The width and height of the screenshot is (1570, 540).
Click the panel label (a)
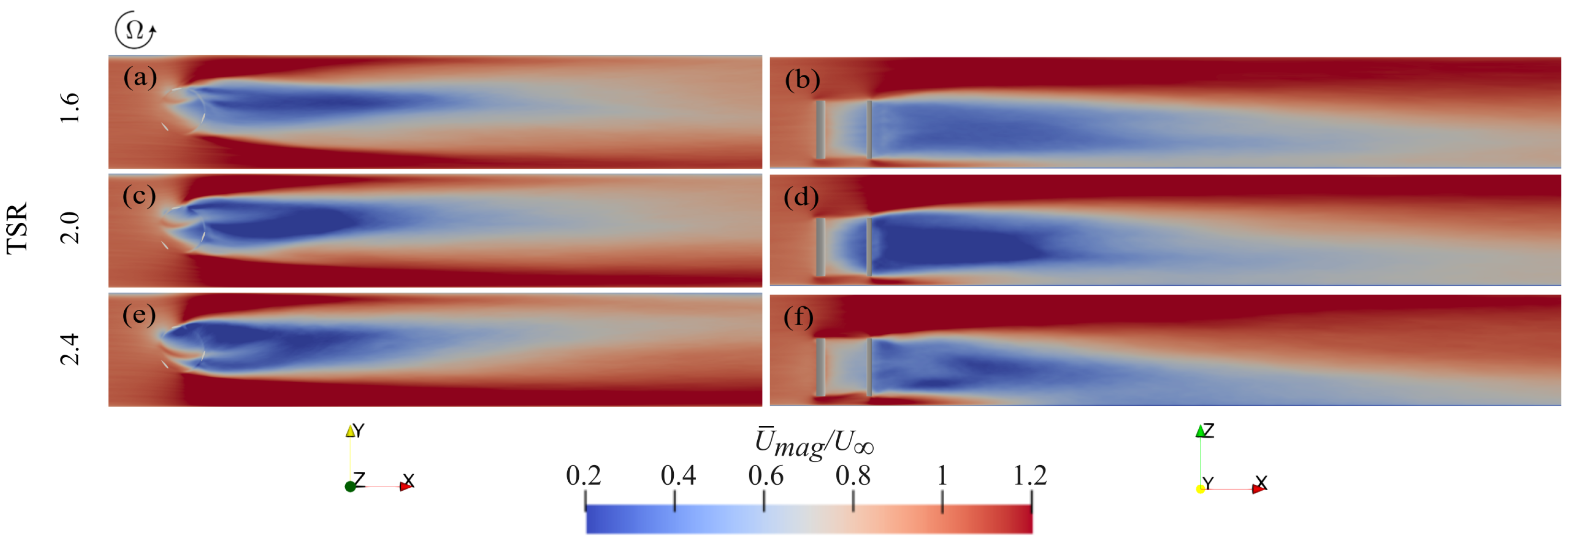pyautogui.click(x=140, y=78)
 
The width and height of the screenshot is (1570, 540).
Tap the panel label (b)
pyautogui.click(x=802, y=80)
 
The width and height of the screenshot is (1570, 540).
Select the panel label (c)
pyautogui.click(x=139, y=197)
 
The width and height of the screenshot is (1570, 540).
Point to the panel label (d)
pyautogui.click(x=801, y=198)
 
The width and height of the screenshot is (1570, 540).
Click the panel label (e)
pyautogui.click(x=139, y=316)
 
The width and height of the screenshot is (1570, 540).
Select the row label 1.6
pyautogui.click(x=70, y=108)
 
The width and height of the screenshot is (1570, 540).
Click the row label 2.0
pyautogui.click(x=70, y=227)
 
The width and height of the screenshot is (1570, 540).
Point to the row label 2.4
pyautogui.click(x=70, y=348)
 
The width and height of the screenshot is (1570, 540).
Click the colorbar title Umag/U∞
pyautogui.click(x=814, y=443)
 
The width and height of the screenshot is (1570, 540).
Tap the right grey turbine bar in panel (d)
pyautogui.click(x=869, y=247)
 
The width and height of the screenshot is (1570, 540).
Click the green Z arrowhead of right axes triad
pyautogui.click(x=1200, y=432)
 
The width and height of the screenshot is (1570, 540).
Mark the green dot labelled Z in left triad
pyautogui.click(x=350, y=486)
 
